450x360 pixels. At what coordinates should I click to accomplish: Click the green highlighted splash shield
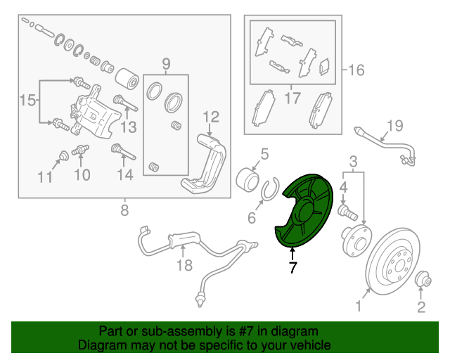(300, 211)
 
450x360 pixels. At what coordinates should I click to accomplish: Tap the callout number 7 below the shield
(292, 268)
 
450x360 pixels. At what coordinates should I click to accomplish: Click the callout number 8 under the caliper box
(124, 210)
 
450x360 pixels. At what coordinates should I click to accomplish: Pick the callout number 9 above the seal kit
(166, 65)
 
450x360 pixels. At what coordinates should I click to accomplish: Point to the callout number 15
(26, 101)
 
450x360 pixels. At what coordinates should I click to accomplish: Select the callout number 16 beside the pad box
(356, 70)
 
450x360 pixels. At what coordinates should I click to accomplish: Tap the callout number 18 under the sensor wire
(184, 265)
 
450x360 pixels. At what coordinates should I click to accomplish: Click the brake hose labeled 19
(383, 145)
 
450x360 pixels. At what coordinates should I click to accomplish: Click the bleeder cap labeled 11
(63, 154)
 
